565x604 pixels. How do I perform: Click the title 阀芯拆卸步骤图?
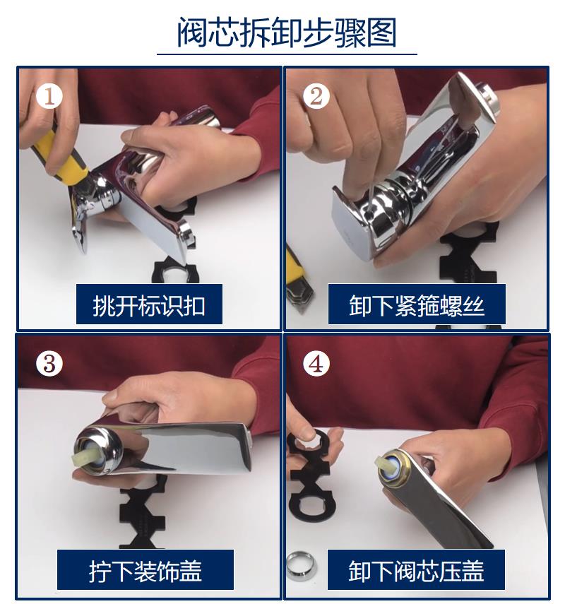287,32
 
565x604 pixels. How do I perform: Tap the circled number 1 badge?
49,96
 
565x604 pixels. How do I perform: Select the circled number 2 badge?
316,96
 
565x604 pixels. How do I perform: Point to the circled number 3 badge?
49,363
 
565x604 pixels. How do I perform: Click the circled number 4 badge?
316,363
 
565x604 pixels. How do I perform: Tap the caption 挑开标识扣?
149,305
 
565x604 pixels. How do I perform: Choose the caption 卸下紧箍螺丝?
417,305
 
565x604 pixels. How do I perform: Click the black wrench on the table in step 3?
143,512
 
